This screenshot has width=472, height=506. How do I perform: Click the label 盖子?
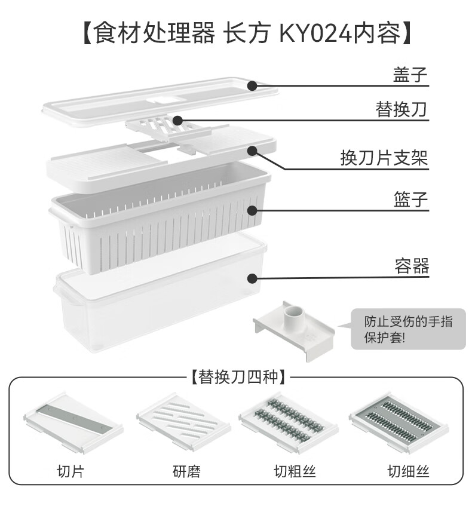coord(410,75)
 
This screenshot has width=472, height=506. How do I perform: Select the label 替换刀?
coord(402,111)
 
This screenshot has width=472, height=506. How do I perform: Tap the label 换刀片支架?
coord(384,158)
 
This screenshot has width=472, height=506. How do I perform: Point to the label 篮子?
coord(410,198)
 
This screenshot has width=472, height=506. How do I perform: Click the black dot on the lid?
coord(252,85)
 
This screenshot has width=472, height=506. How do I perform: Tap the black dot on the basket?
coord(252,210)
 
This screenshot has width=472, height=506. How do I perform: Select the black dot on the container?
coord(252,278)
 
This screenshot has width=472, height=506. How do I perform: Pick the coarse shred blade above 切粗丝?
coord(289,418)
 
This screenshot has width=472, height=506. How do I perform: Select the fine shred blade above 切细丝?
coord(398,418)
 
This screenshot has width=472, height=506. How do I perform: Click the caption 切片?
coord(71,471)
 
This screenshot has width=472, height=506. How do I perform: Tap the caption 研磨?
coord(183,471)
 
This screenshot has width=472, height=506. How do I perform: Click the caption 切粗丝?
coord(292,471)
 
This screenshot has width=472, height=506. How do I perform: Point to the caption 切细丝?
coord(408,471)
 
